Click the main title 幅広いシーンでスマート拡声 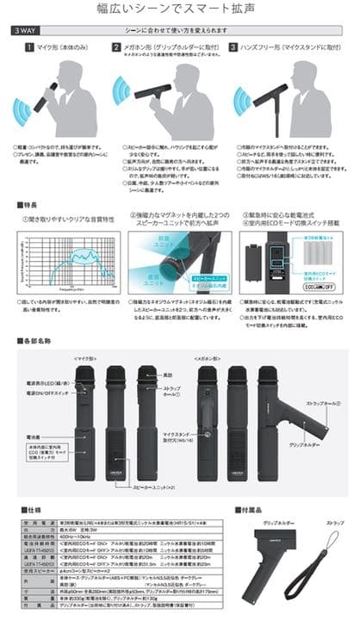[180, 10]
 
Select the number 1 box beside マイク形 [29, 47]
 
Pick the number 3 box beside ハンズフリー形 [234, 47]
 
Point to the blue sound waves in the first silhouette [26, 109]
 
